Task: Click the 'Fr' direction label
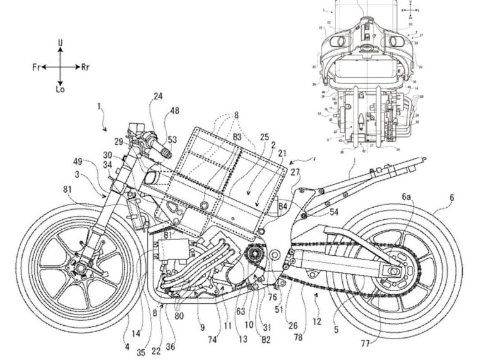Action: [37, 66]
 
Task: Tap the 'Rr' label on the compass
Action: [86, 66]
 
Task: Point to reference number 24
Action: [157, 97]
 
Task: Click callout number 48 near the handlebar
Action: [174, 111]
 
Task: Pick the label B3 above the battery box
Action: [237, 136]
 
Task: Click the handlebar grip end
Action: [169, 153]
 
